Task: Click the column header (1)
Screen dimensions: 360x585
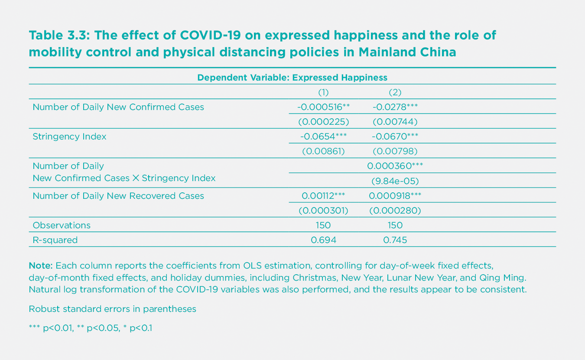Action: pyautogui.click(x=323, y=92)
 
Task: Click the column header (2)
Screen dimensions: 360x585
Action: pyautogui.click(x=395, y=92)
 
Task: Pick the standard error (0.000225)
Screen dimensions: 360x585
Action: pyautogui.click(x=323, y=122)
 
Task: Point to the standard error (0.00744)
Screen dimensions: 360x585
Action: pyautogui.click(x=395, y=122)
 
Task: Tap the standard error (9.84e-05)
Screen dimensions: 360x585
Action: pyautogui.click(x=395, y=181)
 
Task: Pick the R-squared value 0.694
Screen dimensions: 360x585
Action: pyautogui.click(x=323, y=240)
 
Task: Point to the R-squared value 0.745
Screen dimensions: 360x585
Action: pyautogui.click(x=395, y=240)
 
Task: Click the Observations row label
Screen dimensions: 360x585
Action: pyautogui.click(x=62, y=225)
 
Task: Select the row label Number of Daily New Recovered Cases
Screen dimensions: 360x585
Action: pyautogui.click(x=118, y=196)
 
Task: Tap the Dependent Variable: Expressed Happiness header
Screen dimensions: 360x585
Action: pyautogui.click(x=292, y=78)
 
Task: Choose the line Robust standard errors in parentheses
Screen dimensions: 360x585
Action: pyautogui.click(x=113, y=309)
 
